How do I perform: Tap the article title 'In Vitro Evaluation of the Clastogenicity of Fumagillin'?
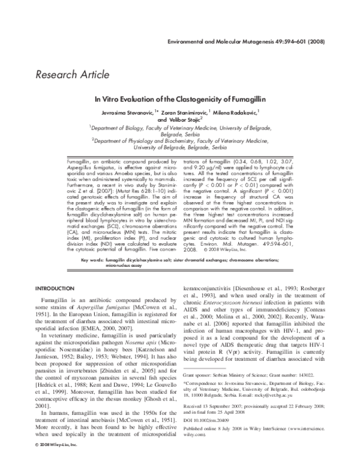point(180,100)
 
